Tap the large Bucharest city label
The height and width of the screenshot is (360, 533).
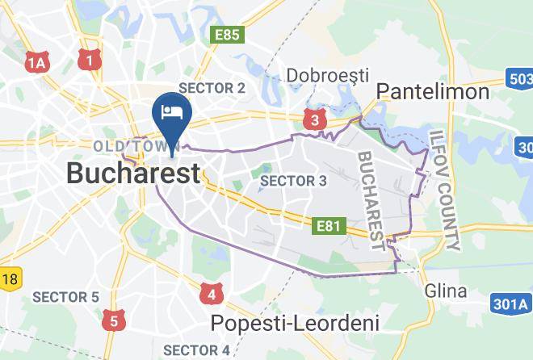(132, 173)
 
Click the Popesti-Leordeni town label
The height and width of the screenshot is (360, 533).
(295, 323)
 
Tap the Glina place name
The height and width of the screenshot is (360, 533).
(445, 291)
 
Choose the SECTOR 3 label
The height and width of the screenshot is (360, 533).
(294, 181)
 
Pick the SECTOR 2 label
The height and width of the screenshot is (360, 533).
(212, 88)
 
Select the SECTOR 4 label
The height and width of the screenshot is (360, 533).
(196, 350)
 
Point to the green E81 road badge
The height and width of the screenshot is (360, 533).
(329, 226)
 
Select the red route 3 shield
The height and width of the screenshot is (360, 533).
(314, 120)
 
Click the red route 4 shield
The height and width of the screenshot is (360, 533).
(211, 293)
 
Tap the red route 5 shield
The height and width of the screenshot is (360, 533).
(113, 321)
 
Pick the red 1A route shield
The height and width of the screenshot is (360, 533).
(37, 62)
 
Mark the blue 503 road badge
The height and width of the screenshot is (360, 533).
(521, 78)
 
